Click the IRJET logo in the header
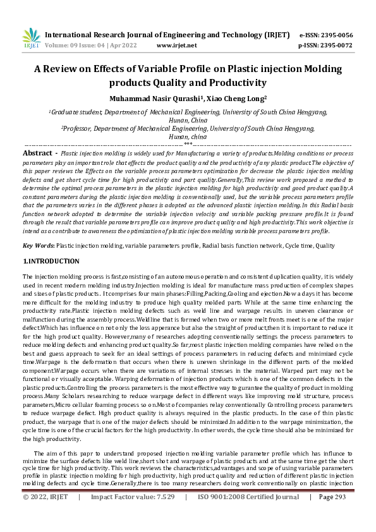click(31, 39)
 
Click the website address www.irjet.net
click(176, 45)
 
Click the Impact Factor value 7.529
click(161, 515)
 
